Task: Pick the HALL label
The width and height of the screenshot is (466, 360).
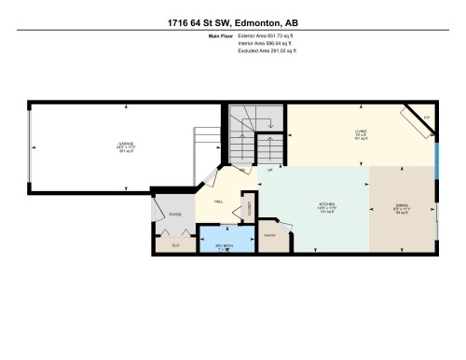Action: point(218,201)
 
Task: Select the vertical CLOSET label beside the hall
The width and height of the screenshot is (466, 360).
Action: point(249,205)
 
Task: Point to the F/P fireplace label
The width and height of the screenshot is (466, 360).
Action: point(426,118)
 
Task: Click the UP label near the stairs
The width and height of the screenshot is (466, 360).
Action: point(270,170)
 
